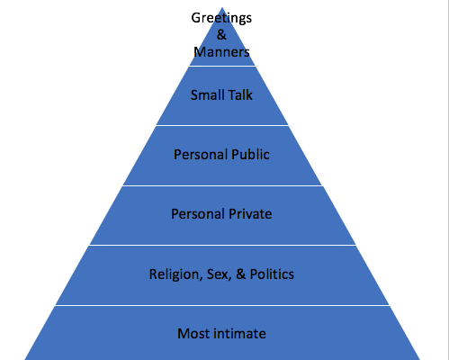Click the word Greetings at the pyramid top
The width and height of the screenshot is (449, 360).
[221, 19]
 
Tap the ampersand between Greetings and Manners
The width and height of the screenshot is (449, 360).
[221, 34]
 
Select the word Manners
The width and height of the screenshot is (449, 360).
[221, 52]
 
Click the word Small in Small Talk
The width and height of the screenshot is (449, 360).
[203, 95]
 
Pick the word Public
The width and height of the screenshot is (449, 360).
[250, 155]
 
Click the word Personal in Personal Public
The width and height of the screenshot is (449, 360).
[201, 155]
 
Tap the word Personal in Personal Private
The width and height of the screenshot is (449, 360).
[198, 214]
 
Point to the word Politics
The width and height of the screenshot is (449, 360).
[272, 274]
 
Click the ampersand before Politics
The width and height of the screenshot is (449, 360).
[240, 274]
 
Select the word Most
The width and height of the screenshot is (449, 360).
[193, 334]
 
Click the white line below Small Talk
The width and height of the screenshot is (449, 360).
[222, 125]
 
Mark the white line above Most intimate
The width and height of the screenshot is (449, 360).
[222, 305]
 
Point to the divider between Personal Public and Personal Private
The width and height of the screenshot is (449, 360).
[222, 185]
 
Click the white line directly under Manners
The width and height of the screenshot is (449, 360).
[222, 66]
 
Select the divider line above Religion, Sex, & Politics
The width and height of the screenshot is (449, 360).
[222, 245]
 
